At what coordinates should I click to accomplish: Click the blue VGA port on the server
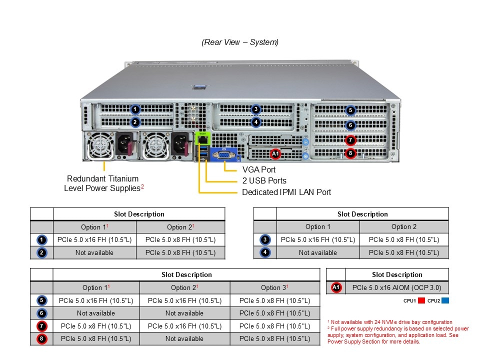coord(225,155)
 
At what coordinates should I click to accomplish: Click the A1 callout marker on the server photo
coord(275,153)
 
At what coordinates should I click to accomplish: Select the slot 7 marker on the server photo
coord(350,140)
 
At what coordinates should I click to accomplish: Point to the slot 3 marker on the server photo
coord(255,109)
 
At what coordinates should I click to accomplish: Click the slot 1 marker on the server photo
coord(135,109)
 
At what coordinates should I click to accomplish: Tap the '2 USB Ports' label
coord(264,180)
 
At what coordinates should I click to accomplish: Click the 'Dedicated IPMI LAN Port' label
coord(286,192)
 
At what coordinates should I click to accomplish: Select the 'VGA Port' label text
coord(258,169)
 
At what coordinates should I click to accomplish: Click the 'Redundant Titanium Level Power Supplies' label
coord(103,183)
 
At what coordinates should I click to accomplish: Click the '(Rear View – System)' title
coord(240,42)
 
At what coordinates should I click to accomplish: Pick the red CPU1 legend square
coord(421,301)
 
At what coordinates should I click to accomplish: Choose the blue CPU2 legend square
coord(445,301)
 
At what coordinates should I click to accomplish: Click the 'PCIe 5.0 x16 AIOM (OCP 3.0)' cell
coord(397,287)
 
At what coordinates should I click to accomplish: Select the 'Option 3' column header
coord(274,287)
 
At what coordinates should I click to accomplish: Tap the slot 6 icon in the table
coord(41,313)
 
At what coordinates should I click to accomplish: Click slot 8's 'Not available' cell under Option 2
coord(184,338)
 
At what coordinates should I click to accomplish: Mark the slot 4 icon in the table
coord(265,252)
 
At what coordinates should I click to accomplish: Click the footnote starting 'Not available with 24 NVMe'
coord(390,322)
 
